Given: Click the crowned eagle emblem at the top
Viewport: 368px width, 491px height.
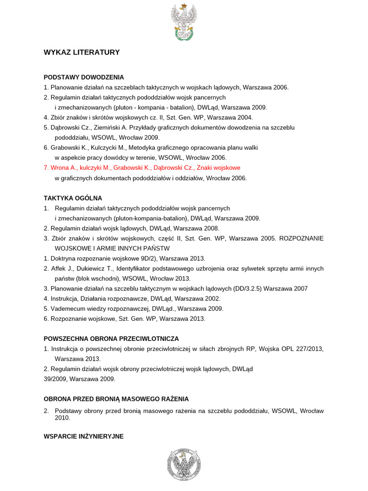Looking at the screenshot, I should (184, 22).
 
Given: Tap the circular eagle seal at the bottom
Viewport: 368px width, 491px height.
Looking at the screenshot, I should (184, 466).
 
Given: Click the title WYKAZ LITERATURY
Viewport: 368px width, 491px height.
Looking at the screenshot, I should (81, 52).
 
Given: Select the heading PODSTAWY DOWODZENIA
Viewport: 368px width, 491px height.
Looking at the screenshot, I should (84, 77).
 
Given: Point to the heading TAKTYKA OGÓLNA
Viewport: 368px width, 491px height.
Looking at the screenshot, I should (73, 198).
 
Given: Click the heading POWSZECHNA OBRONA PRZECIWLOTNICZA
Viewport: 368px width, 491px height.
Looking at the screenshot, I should (111, 339).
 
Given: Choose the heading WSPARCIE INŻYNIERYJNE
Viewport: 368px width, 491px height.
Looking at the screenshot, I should (83, 436).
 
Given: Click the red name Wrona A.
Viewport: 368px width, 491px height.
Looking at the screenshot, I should (63, 168).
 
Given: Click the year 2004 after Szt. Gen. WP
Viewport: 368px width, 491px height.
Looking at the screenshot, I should (245, 117).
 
